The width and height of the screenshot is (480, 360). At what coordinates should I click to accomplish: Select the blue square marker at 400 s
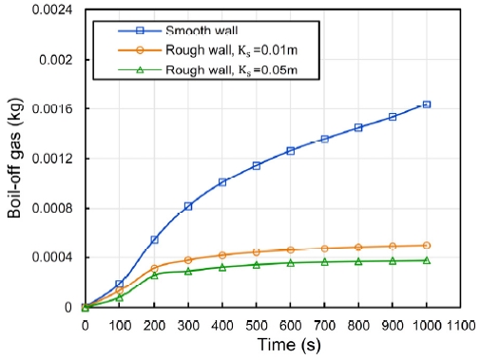(222, 181)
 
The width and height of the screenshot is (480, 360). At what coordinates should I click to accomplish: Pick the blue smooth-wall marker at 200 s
(154, 239)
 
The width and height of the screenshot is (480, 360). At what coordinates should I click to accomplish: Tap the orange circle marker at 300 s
(188, 260)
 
